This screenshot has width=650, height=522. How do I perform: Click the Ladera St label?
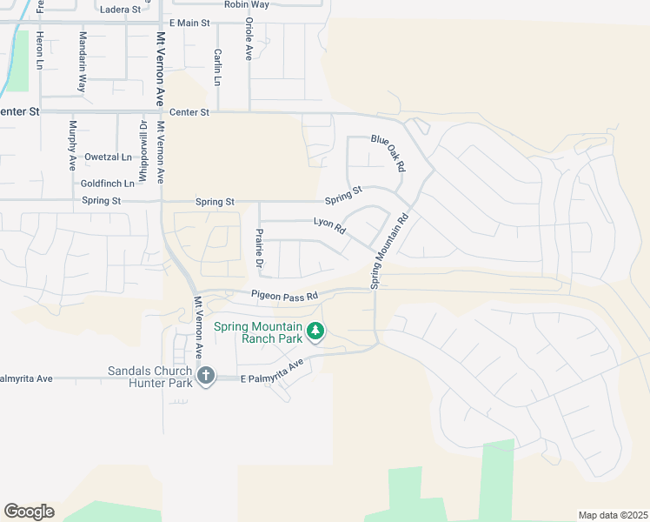click(x=120, y=10)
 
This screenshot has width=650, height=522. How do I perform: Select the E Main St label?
click(x=189, y=23)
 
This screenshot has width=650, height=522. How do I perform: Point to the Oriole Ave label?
click(x=249, y=38)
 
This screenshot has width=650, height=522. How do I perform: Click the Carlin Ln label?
click(x=216, y=67)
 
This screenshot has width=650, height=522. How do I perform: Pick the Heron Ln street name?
click(x=39, y=51)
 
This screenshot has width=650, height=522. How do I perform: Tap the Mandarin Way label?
click(x=83, y=62)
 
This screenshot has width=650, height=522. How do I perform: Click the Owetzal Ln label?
click(x=108, y=157)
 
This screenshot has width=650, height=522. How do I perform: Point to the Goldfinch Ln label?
click(x=108, y=184)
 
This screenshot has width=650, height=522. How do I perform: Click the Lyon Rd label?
click(x=329, y=225)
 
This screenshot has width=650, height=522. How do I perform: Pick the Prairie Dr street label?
click(x=258, y=248)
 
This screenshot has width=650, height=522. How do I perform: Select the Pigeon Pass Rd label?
click(x=286, y=295)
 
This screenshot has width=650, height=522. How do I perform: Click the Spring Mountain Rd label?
click(x=388, y=252)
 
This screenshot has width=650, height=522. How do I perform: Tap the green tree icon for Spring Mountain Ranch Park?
click(x=315, y=331)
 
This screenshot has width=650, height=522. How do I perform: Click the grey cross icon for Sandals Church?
click(x=205, y=376)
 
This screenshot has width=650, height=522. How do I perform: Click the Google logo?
click(x=29, y=511)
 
